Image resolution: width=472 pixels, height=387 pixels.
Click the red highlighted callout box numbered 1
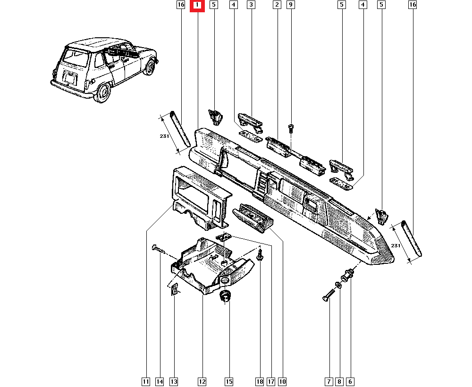pyautogui.click(x=197, y=5)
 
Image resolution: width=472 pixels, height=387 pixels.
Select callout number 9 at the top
pyautogui.click(x=291, y=5)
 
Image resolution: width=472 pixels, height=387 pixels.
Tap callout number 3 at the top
pyautogui.click(x=251, y=5)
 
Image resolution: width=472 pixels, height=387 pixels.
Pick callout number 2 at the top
pyautogui.click(x=277, y=5)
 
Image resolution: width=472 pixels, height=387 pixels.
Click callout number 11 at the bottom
pyautogui.click(x=146, y=381)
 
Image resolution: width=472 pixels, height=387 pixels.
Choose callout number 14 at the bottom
pyautogui.click(x=160, y=381)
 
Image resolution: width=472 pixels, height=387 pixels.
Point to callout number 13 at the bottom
pyautogui.click(x=174, y=381)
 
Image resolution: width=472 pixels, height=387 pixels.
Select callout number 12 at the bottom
pyautogui.click(x=202, y=381)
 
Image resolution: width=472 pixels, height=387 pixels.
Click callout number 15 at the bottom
pyautogui.click(x=229, y=381)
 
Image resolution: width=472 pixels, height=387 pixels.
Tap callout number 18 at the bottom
pyautogui.click(x=260, y=381)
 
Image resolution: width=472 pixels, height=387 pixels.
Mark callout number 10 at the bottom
pyautogui.click(x=282, y=381)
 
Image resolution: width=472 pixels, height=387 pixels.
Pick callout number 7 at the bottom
pyautogui.click(x=329, y=381)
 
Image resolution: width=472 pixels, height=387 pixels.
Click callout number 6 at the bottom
pyautogui.click(x=350, y=381)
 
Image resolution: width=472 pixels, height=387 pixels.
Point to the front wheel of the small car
pyautogui.click(x=150, y=67)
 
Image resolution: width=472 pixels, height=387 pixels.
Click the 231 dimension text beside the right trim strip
pyautogui.click(x=396, y=246)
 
